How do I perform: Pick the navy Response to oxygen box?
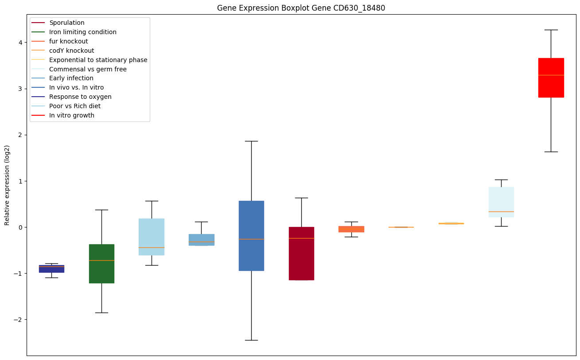(x=51, y=269)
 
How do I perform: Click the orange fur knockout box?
(x=351, y=229)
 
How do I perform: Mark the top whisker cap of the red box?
(x=551, y=30)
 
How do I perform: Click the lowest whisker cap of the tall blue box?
(x=251, y=340)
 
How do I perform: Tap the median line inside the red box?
(x=551, y=75)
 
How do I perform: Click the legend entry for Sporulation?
(x=67, y=23)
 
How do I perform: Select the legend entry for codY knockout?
(x=72, y=51)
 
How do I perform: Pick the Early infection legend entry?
(x=71, y=78)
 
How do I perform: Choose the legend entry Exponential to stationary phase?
(x=98, y=60)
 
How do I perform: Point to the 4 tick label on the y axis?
(x=20, y=43)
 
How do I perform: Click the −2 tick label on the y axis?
(x=19, y=320)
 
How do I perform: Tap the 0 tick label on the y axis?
(x=20, y=227)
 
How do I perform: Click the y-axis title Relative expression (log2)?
(x=7, y=185)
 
